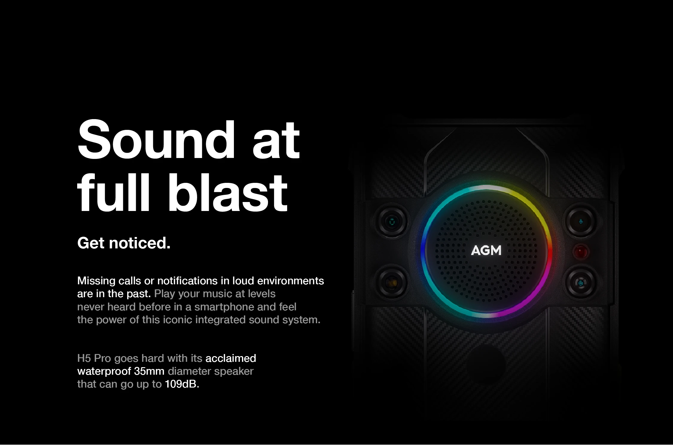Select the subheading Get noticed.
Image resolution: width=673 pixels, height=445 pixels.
(x=124, y=243)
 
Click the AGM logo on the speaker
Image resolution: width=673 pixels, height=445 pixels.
(x=486, y=250)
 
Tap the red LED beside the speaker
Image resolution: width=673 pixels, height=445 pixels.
(x=581, y=251)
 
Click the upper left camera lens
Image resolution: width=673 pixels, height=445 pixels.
(x=392, y=222)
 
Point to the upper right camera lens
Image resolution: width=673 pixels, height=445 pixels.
(x=581, y=222)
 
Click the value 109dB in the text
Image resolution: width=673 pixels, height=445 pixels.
(x=182, y=384)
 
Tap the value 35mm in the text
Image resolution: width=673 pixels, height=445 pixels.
(x=149, y=371)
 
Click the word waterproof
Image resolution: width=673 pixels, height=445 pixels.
(x=104, y=371)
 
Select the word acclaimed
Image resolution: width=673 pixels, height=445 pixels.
(x=231, y=358)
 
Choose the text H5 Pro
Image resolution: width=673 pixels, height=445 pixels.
(x=94, y=358)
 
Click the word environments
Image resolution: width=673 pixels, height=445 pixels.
(x=290, y=281)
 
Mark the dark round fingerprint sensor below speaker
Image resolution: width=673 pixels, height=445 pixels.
(x=486, y=364)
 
